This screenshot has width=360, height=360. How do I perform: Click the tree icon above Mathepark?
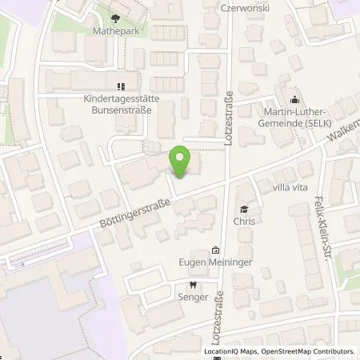click(x=117, y=18)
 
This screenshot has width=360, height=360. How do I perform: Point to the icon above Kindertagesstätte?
click(x=121, y=86)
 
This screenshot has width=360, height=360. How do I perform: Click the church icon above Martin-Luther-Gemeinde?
click(x=294, y=100)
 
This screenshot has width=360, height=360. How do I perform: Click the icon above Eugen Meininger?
click(x=215, y=250)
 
